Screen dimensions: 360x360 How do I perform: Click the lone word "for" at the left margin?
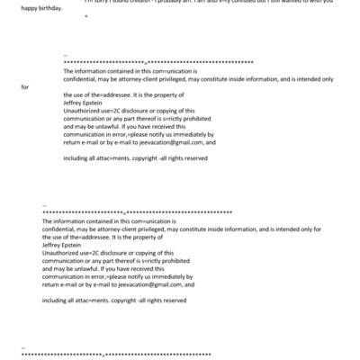click(25, 87)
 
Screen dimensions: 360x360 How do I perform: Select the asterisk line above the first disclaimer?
click(158, 61)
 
